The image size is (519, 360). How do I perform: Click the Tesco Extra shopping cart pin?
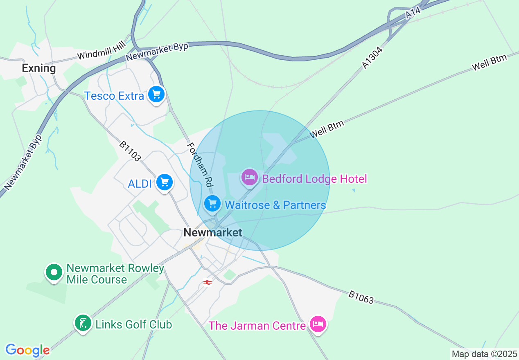tap(156, 94)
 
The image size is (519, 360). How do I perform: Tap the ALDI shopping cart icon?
tap(165, 182)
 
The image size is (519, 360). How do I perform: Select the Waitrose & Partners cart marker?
tap(212, 203)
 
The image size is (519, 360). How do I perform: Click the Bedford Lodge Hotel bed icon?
tap(249, 178)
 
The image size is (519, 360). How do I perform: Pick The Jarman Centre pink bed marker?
tap(318, 324)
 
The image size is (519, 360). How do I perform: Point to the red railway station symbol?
tap(208, 282)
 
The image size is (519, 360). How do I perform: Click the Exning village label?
tap(39, 68)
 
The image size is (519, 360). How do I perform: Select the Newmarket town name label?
tap(213, 233)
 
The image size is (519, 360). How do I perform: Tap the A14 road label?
tap(413, 13)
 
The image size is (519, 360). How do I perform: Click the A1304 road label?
tap(372, 57)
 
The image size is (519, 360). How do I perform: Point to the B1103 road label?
tap(130, 151)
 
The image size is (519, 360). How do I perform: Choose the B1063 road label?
tap(361, 297)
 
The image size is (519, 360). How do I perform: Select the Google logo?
tap(27, 350)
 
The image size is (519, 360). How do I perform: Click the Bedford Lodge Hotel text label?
tap(314, 179)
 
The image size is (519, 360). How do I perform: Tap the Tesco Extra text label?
tap(114, 96)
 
